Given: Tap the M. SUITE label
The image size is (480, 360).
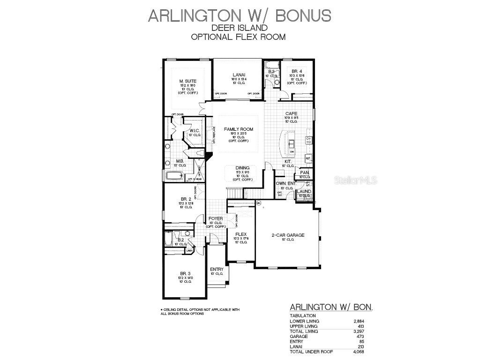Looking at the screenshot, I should pos(187,81).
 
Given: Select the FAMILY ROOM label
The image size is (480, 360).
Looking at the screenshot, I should pos(238,129).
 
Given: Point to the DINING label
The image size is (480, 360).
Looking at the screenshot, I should pos(242,168).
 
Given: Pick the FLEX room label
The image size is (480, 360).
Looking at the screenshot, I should pos(241,234).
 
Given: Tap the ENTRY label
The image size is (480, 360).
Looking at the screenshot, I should pos(217,269).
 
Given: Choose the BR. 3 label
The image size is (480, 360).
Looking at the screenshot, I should pos(185,273).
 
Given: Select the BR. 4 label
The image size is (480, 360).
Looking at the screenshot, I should pos(297,71).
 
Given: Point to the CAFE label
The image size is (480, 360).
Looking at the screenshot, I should pos(292,113).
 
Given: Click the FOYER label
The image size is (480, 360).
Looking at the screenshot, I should pos(216,218).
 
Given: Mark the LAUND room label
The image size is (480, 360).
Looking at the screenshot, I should pos(304,191).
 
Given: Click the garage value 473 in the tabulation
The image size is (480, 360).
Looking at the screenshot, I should pos(360,337).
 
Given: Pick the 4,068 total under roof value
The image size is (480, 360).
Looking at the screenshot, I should pos(358,352).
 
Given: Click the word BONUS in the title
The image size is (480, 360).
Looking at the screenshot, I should pos(303,15).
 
